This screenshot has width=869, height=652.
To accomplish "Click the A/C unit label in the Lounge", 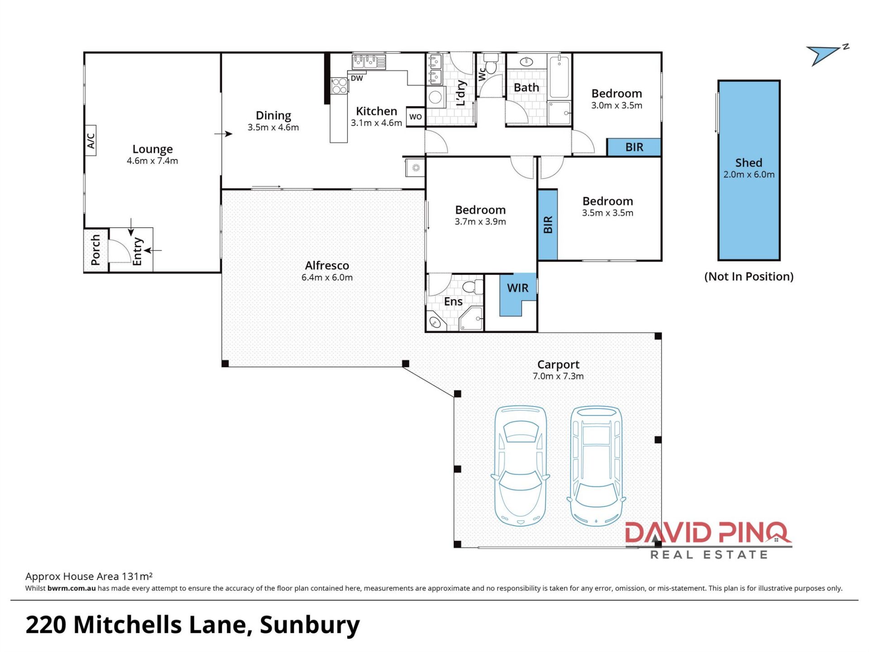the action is point(91,140).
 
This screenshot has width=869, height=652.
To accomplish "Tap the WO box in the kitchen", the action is point(415,117).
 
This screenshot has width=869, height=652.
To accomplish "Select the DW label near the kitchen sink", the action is point(357,78).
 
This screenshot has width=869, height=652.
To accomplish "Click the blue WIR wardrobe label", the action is point(518,288).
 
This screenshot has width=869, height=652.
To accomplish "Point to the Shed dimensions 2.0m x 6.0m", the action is point(749,175).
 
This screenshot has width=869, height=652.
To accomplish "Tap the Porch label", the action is point(95,250).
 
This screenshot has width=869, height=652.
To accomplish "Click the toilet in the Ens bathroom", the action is point(473,286).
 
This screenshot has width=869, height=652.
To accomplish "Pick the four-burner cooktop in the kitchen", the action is point(339,86).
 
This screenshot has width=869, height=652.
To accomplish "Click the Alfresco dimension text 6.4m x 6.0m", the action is point(327,278).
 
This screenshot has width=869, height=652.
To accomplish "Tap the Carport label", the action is point(558,365).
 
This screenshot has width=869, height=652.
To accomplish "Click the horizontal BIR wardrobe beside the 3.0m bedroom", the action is point(634,147).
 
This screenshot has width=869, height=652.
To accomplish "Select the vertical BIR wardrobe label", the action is point(548,225).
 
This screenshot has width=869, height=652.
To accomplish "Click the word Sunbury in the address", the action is point(310,626).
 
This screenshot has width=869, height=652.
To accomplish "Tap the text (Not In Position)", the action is point(749,277).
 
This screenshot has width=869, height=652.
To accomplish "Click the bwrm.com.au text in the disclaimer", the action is point(72,588).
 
